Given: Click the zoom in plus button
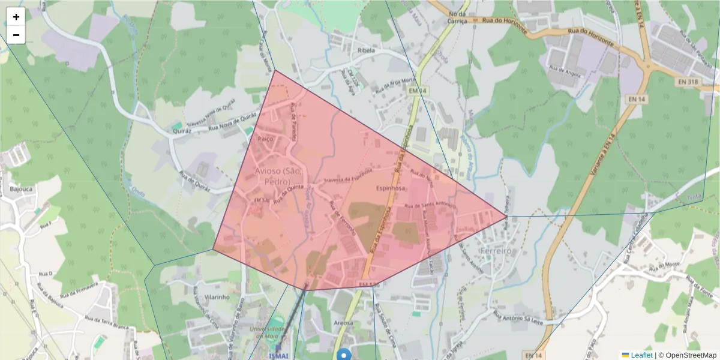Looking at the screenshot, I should [x=16, y=17].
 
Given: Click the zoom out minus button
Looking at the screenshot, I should [x=16, y=35].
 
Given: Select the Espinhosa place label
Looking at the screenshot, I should [x=391, y=188].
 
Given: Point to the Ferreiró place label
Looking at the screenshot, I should [x=496, y=251].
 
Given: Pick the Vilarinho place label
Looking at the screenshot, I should [x=217, y=297].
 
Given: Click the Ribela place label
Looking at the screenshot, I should [x=365, y=50].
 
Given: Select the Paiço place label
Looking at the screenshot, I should [x=265, y=139].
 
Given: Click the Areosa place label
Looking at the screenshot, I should [x=343, y=323].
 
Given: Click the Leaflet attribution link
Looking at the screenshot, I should [x=641, y=355].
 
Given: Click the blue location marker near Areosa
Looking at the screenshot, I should [x=344, y=355].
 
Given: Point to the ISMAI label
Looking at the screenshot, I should [x=278, y=356].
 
